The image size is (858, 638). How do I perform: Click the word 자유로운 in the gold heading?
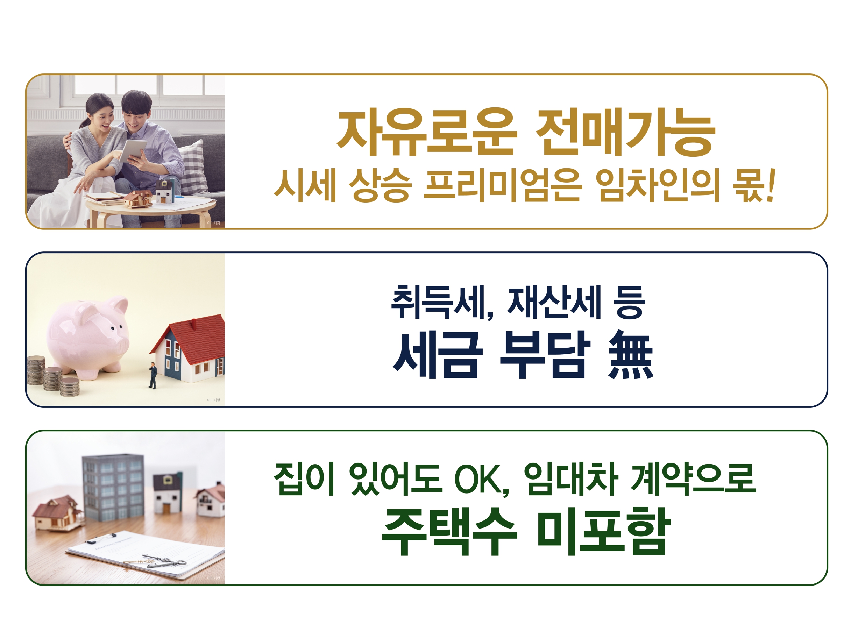tap(427, 132)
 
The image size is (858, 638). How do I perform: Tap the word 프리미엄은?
tap(502, 185)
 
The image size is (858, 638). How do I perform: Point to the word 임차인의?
tap(658, 185)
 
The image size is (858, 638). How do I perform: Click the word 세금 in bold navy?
tap(438, 355)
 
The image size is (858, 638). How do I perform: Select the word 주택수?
tap(449, 532)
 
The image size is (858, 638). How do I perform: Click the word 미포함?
tap(603, 532)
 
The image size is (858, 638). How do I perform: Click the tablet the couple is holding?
tap(133, 150)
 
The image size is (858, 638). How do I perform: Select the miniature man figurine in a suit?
tap(153, 375)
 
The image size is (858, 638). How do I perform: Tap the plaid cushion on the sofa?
tap(193, 167)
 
